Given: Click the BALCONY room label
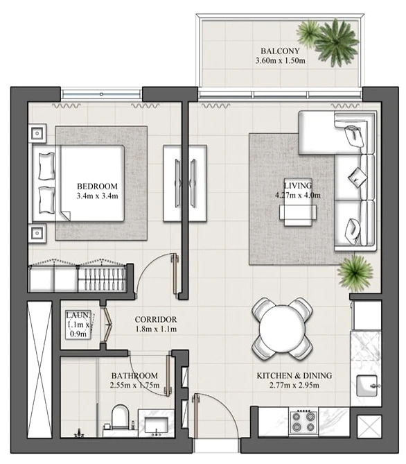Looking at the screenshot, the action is (280, 51).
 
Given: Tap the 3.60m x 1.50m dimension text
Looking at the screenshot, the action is (280, 60).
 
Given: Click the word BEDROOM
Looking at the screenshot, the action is (97, 186).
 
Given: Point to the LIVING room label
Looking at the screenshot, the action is (298, 186).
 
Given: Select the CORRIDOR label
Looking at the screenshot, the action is (155, 319).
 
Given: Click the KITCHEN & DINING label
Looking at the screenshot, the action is (294, 375).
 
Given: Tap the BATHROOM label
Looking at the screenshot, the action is (134, 375).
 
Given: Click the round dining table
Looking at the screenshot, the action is (282, 329).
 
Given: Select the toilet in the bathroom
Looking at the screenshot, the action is (120, 417).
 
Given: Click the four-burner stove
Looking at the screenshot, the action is (303, 422).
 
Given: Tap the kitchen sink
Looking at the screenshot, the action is (367, 386).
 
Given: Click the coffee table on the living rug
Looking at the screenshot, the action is (298, 202).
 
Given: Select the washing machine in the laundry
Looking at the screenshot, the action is (78, 325).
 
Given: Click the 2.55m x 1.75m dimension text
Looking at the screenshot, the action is (134, 386).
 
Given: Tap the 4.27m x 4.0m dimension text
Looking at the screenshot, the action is (298, 196).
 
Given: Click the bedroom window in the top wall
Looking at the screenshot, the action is (101, 94).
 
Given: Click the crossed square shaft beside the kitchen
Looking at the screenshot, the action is (369, 426).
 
